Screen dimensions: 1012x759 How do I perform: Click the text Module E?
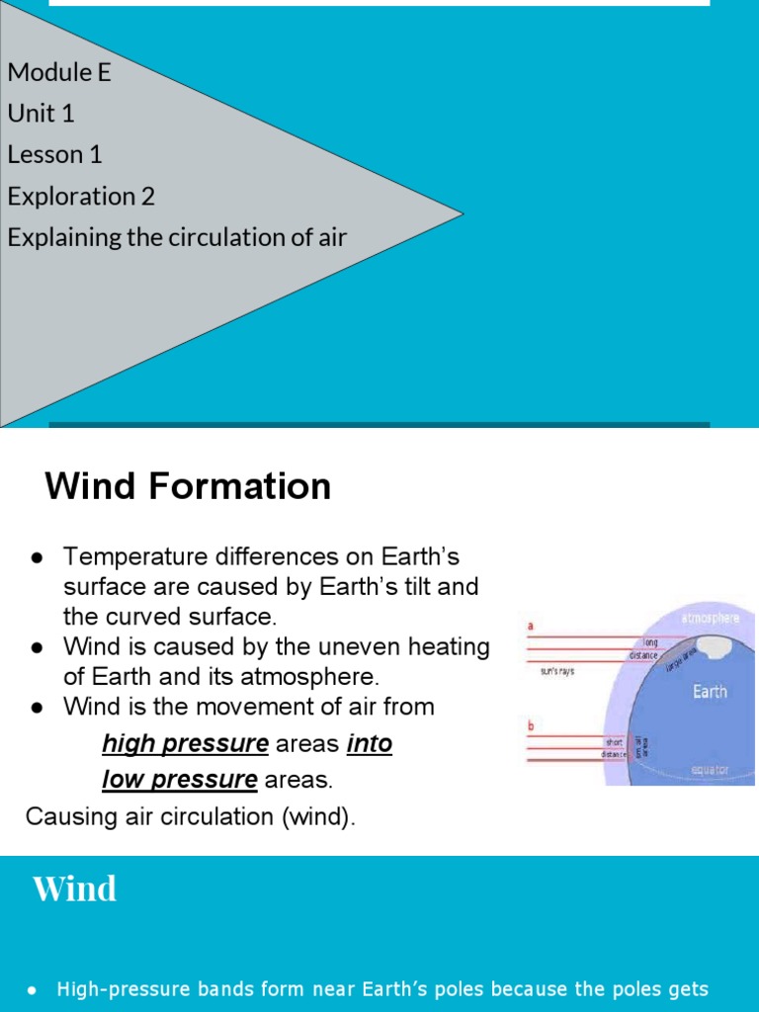(x=59, y=72)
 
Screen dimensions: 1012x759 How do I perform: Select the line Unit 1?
(x=41, y=114)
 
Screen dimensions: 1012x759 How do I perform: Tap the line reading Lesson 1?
(x=54, y=155)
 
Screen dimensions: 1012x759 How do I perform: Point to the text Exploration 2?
(x=81, y=197)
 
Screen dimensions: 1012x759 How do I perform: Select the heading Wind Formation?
(x=188, y=486)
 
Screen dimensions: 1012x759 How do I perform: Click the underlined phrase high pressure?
(x=185, y=744)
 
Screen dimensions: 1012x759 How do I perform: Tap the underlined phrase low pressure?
(x=179, y=780)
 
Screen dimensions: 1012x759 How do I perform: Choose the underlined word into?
(x=370, y=744)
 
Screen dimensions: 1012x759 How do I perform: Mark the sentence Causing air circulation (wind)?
(x=190, y=817)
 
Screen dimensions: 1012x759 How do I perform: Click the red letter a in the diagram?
(x=531, y=626)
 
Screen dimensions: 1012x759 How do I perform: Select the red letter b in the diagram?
(x=531, y=726)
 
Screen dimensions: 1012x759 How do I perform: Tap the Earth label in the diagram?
(x=710, y=692)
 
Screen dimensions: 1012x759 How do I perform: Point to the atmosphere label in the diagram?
(x=710, y=619)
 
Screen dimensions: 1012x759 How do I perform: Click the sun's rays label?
(x=557, y=671)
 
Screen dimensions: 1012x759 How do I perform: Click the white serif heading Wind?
(x=74, y=888)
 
